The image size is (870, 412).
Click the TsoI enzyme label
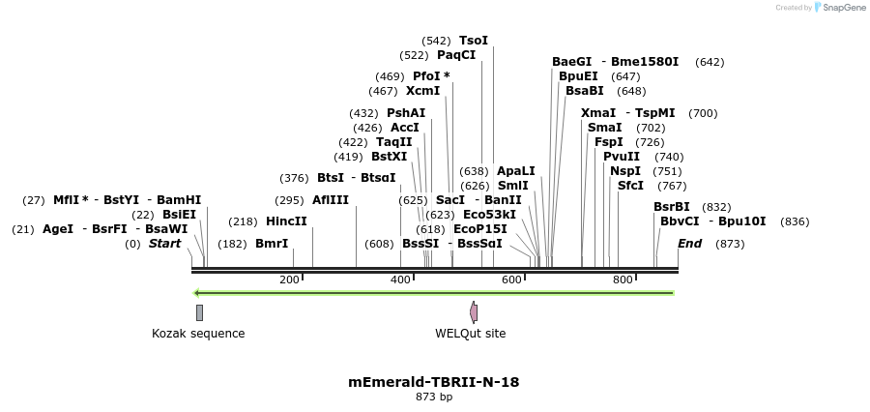click(474, 41)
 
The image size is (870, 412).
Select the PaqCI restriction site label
click(456, 55)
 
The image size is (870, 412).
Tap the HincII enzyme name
click(286, 221)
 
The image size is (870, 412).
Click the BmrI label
click(272, 244)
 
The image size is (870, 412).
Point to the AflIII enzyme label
click(331, 200)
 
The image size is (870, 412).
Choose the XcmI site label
click(422, 91)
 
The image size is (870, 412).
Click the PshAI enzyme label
click(406, 113)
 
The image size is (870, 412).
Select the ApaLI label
click(515, 171)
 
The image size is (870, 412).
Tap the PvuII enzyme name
click(622, 157)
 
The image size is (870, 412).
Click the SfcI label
click(630, 186)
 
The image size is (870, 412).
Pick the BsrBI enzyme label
click(672, 207)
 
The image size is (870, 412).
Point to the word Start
click(164, 244)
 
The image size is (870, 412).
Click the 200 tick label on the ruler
click(289, 280)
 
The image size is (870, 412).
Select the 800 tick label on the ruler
click(623, 280)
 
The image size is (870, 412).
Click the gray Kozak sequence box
click(199, 312)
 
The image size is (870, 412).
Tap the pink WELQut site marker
click(474, 312)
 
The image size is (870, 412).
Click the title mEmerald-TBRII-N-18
click(434, 382)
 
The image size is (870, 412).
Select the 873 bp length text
click(434, 397)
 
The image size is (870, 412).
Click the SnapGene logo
click(840, 8)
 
